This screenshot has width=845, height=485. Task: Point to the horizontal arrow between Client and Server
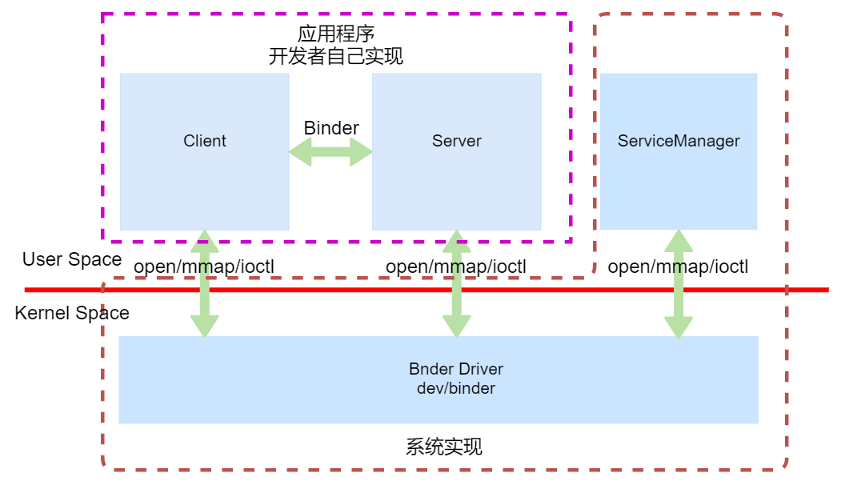coord(330,153)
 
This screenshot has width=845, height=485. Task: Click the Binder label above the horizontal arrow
coord(331,128)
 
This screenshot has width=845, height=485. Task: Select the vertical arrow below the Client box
coord(204,304)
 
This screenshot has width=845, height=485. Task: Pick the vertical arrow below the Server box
coord(457,304)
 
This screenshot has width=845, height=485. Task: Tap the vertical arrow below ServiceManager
coord(679,304)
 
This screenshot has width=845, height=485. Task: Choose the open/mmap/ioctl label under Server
coord(456,267)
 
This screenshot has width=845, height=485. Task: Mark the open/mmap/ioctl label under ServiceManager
coord(678,267)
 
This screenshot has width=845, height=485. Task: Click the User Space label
coord(72,259)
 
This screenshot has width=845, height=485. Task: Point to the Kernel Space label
coord(72,313)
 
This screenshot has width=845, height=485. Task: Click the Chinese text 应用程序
coord(336,34)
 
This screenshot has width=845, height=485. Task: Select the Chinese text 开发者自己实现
coord(336,56)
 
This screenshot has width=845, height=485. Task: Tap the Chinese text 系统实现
coord(444,447)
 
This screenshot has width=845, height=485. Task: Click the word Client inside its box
coord(205,141)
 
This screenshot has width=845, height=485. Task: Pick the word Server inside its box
coord(457,141)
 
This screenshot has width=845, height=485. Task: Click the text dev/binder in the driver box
coord(456,389)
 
